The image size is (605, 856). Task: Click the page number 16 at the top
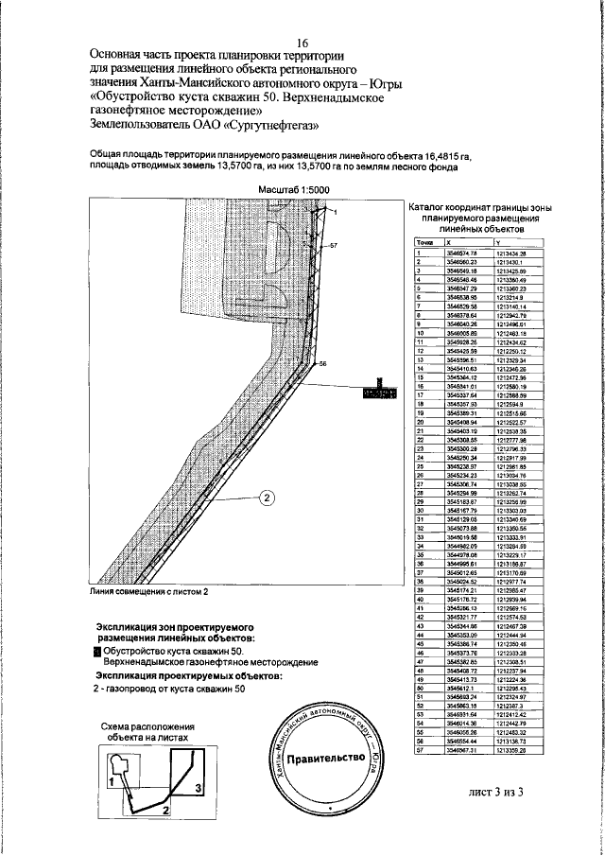pos(302,43)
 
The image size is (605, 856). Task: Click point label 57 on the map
pos(332,245)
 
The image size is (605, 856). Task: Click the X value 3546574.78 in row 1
pos(461,252)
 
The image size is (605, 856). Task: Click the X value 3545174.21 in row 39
pos(461,590)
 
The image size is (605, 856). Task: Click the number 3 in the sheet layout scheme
pos(198,785)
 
